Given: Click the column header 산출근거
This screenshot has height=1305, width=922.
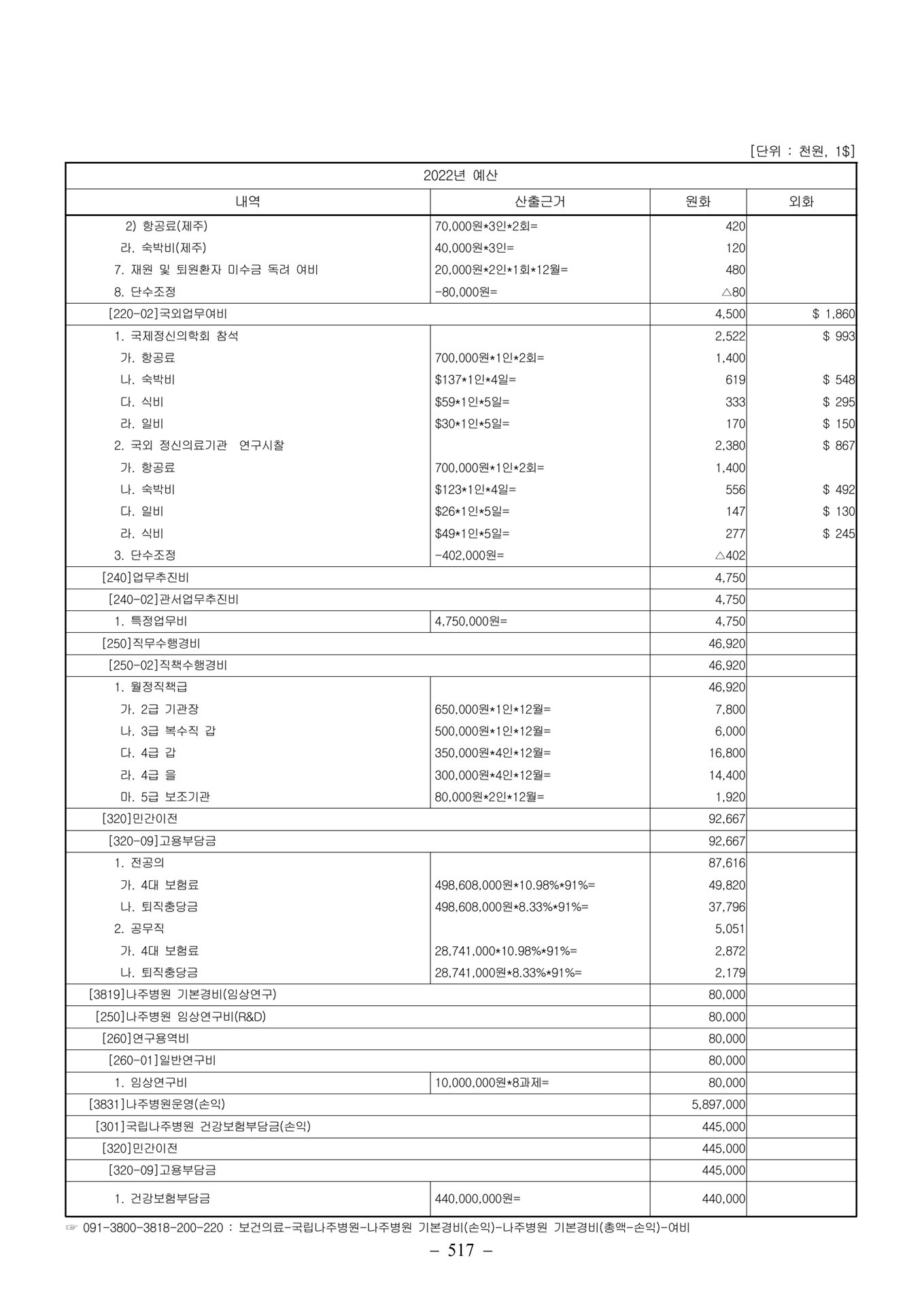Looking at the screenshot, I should point(539,202).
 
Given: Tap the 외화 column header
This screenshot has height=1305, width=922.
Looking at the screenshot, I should point(800,202).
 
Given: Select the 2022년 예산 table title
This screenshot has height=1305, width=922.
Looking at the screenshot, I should point(460,175).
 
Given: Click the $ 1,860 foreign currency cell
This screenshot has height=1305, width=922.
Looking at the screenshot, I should point(833,314).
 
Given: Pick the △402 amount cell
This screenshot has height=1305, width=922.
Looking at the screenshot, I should point(730,555).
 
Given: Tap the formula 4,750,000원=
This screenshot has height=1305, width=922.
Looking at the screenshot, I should point(471,621).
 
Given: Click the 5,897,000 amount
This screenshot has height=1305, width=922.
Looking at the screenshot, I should point(718,1104).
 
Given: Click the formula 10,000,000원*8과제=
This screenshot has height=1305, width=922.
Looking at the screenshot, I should point(492,1083).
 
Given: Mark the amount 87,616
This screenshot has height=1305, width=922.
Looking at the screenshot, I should point(727,863).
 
